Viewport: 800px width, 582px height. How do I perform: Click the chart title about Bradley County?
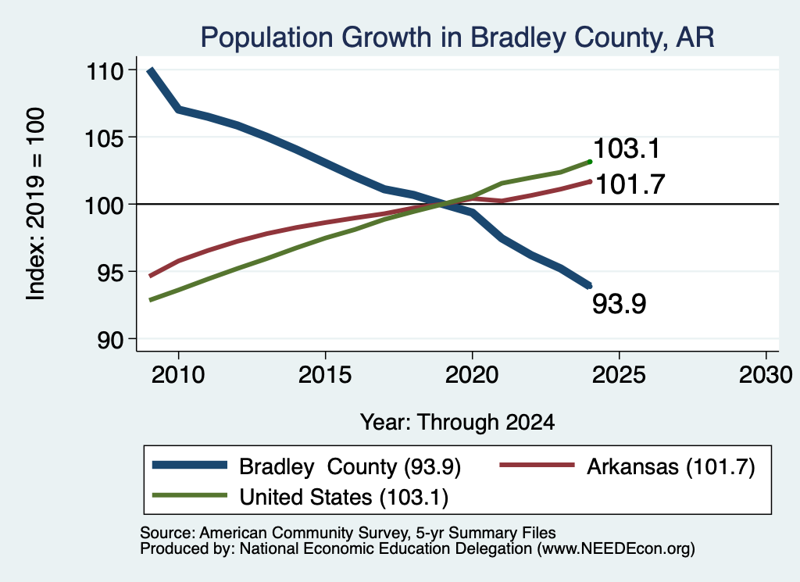coord(457,37)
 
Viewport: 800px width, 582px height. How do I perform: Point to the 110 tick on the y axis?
coord(105,71)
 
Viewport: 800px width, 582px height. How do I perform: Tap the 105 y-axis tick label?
coord(105,138)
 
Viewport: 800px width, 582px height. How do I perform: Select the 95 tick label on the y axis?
coord(111,273)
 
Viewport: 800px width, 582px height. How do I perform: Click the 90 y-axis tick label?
coord(111,340)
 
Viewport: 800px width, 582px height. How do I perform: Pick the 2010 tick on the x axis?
coord(178,375)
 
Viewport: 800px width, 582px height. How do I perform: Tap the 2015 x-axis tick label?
coord(325,375)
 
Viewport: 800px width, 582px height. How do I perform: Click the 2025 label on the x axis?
coord(619,375)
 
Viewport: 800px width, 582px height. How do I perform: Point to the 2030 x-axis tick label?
coord(766,375)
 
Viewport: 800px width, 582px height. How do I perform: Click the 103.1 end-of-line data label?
coord(627,148)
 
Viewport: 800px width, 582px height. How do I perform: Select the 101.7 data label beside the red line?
coord(630,184)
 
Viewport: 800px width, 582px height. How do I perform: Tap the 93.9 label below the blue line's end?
coord(619,303)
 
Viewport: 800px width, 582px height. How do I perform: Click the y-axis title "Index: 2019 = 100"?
coord(36,204)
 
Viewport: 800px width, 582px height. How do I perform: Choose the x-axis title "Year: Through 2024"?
coord(457,423)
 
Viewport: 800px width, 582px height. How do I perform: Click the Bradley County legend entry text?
coord(350,466)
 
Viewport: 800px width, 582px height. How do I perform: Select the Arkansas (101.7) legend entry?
coord(670,466)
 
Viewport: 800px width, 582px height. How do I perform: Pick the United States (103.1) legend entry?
coord(344,497)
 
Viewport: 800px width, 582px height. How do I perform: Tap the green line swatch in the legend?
coord(190,496)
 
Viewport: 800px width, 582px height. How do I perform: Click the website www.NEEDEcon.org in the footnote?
coord(616,548)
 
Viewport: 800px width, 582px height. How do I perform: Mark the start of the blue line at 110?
coord(150,70)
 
